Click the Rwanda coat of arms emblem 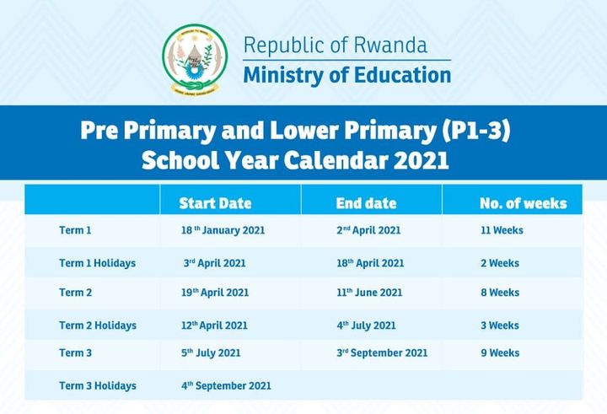pyautogui.click(x=195, y=59)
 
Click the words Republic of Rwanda pyautogui.click(x=336, y=45)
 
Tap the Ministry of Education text pyautogui.click(x=347, y=75)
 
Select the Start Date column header pyautogui.click(x=215, y=203)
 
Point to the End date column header pyautogui.click(x=366, y=203)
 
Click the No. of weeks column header pyautogui.click(x=524, y=203)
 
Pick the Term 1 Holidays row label pyautogui.click(x=98, y=263)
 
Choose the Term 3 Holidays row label pyautogui.click(x=98, y=385)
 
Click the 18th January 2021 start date pyautogui.click(x=223, y=230)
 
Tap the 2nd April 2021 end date pyautogui.click(x=368, y=230)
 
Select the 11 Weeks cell pyautogui.click(x=502, y=230)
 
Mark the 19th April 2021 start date pyautogui.click(x=215, y=293)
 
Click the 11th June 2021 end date pyautogui.click(x=369, y=293)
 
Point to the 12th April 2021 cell pyautogui.click(x=214, y=325)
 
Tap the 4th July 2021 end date pyautogui.click(x=366, y=325)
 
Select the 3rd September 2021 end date pyautogui.click(x=382, y=352)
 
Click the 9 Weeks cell pyautogui.click(x=500, y=352)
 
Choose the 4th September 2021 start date pyautogui.click(x=226, y=385)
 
